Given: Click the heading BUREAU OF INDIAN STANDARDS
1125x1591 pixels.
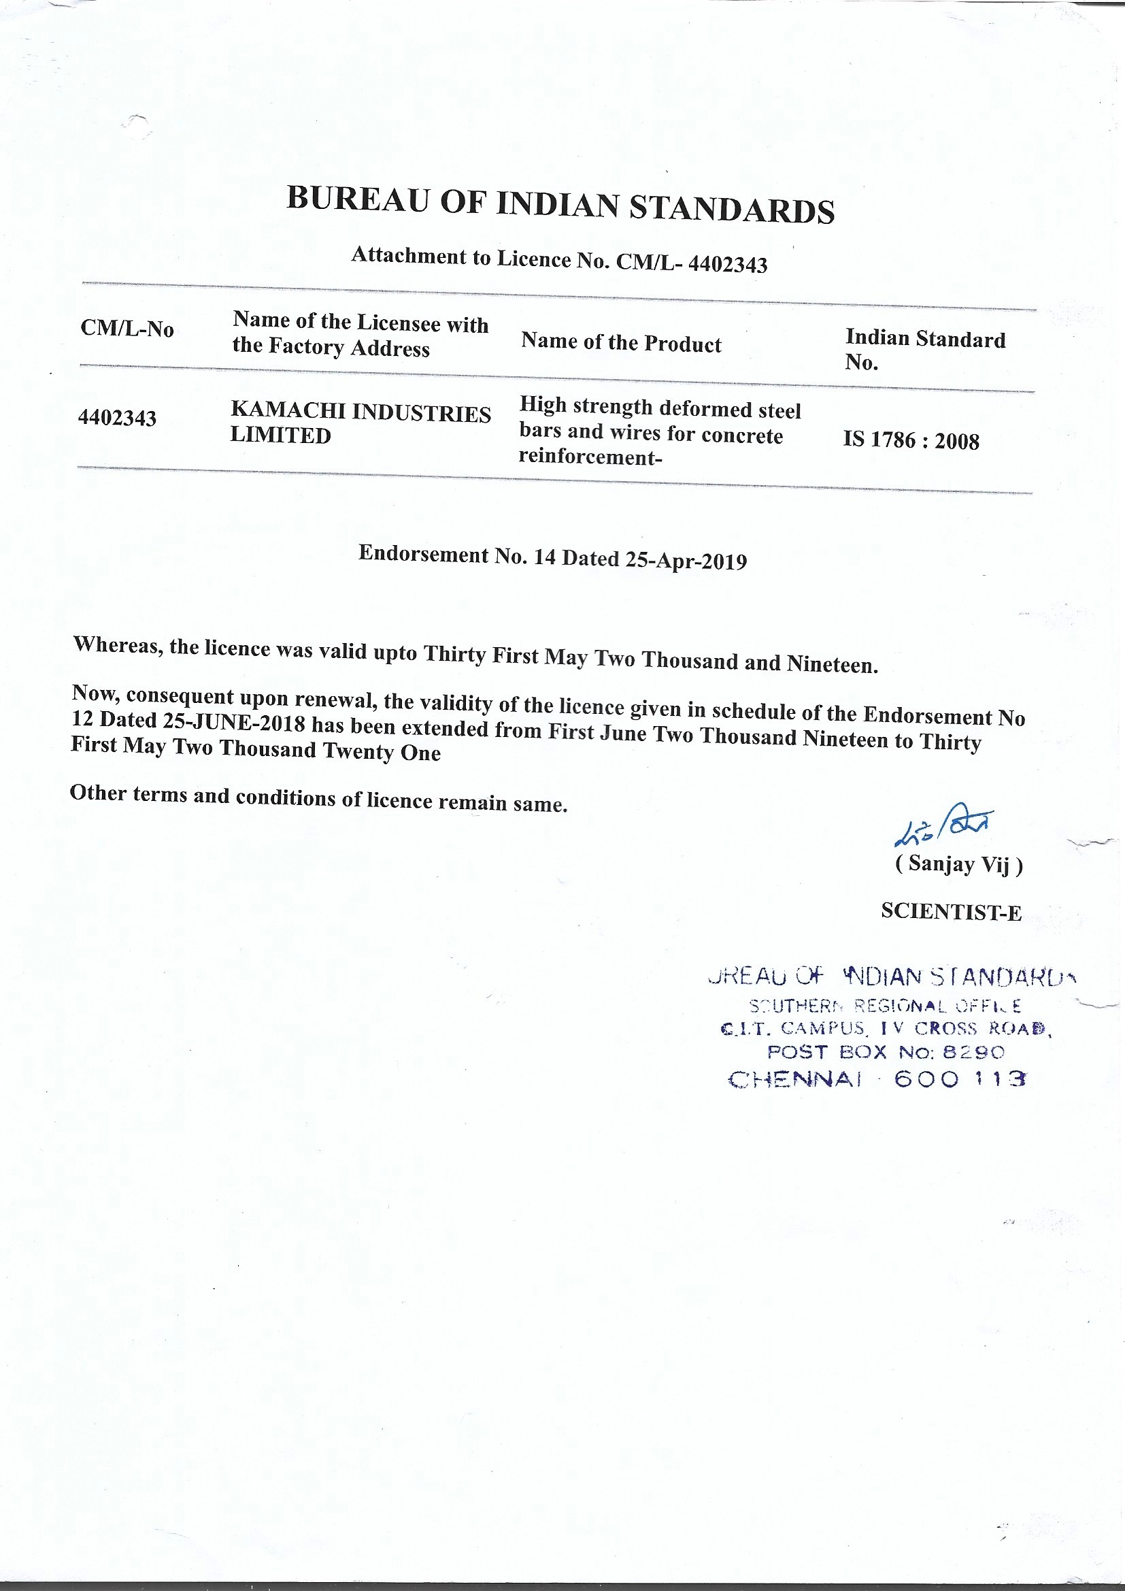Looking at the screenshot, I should click(560, 205).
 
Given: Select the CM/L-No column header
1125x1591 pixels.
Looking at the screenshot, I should click(127, 329).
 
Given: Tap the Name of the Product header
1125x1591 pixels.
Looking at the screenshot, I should click(621, 342).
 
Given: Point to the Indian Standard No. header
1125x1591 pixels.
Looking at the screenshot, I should click(924, 350).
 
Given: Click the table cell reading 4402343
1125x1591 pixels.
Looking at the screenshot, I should click(117, 419).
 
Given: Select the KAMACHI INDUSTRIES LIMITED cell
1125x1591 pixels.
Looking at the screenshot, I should click(360, 424).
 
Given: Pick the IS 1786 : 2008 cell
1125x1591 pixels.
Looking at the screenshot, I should click(910, 441).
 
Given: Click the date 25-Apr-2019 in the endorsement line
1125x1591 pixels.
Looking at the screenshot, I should click(686, 561).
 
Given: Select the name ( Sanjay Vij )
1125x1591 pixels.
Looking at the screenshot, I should click(959, 864).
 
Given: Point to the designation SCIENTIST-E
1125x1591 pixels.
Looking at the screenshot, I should click(950, 912).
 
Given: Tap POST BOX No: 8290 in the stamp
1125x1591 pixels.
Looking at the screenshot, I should click(885, 1052).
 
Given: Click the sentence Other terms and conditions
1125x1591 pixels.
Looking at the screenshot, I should click(318, 798).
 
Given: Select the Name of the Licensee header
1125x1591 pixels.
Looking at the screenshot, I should click(360, 334).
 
